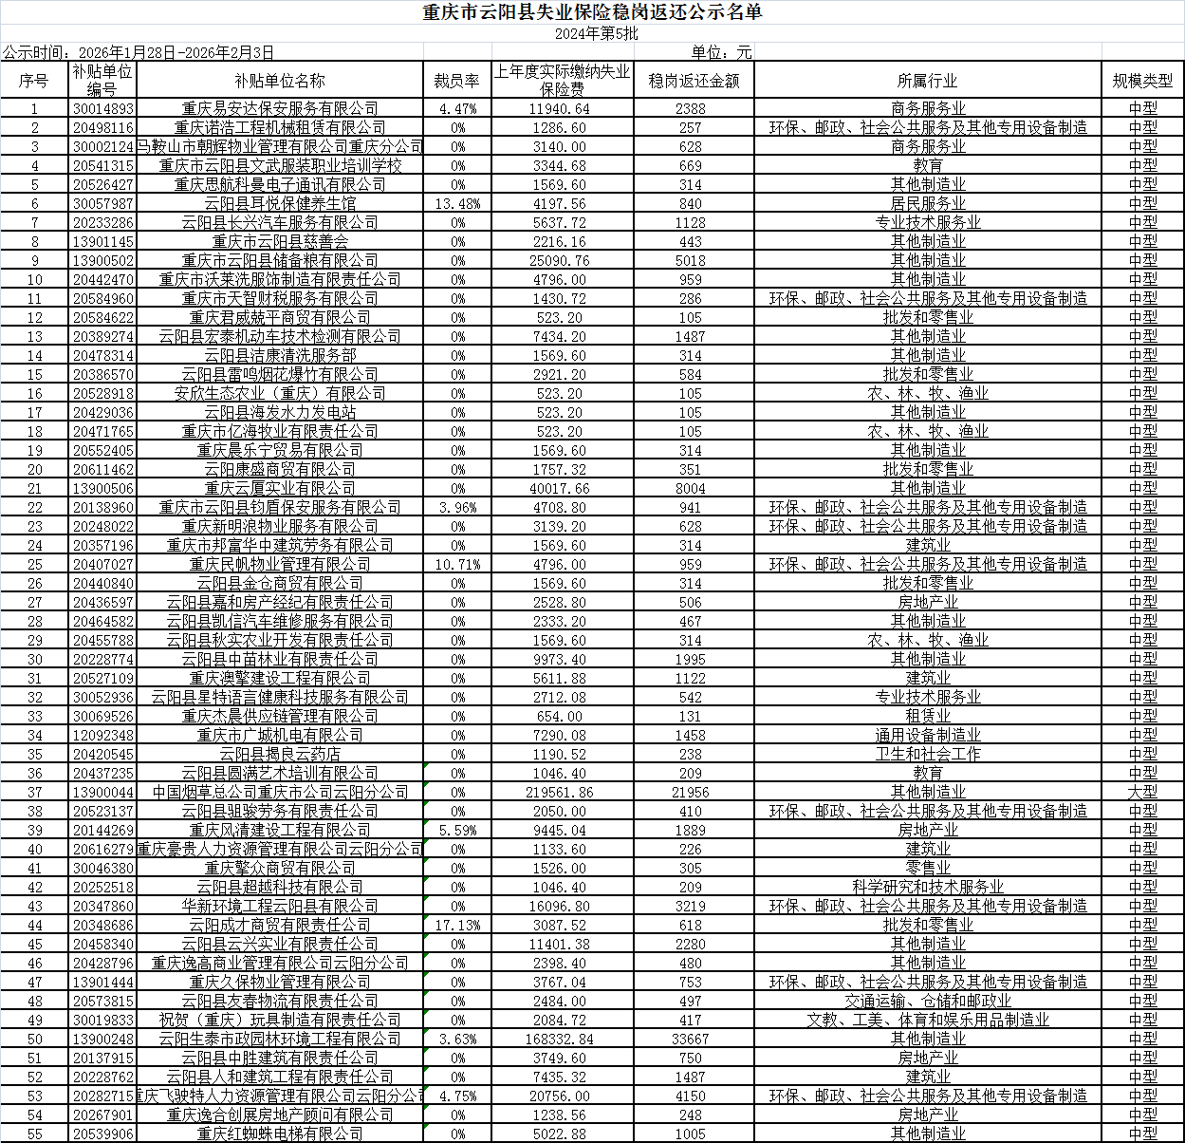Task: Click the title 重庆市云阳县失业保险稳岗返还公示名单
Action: click(x=592, y=12)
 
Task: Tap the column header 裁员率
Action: click(x=456, y=81)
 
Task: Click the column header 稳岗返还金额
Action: click(x=694, y=81)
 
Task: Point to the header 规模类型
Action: click(x=1142, y=81)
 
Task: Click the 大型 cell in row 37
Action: click(x=1142, y=792)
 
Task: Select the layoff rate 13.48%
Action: click(x=456, y=203)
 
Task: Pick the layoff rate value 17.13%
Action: click(x=456, y=925)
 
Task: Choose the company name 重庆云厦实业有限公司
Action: click(x=280, y=488)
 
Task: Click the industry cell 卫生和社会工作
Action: click(x=927, y=754)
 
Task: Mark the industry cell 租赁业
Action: click(x=927, y=716)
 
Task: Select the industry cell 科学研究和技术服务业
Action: click(x=927, y=887)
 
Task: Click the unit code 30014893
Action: click(x=103, y=108)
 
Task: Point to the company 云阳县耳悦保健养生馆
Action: click(x=280, y=203)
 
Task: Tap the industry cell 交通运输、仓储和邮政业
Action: click(x=927, y=1001)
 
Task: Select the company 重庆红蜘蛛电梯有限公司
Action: click(x=280, y=1134)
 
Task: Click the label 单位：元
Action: click(x=722, y=51)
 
